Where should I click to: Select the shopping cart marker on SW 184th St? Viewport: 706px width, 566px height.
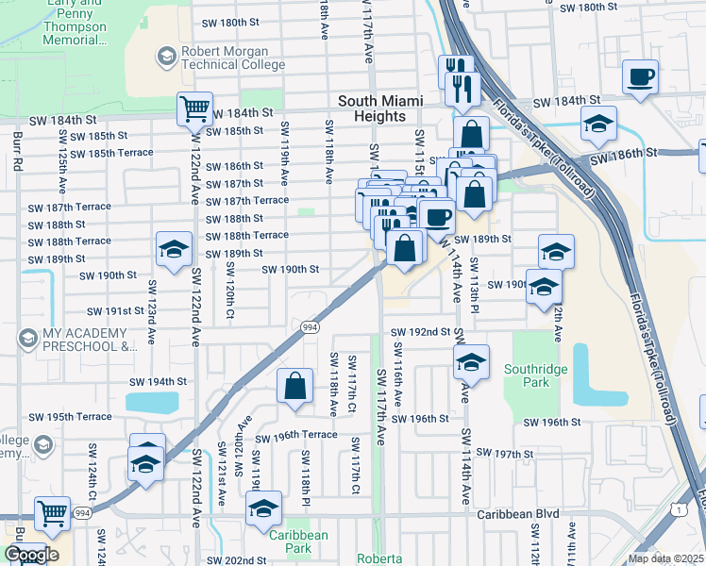pyautogui.click(x=194, y=108)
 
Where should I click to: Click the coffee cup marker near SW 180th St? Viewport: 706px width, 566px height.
pyautogui.click(x=640, y=77)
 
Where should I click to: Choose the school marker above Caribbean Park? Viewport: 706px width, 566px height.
pyautogui.click(x=263, y=509)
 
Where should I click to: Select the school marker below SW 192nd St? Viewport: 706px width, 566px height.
pyautogui.click(x=471, y=362)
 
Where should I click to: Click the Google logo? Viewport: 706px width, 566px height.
pyautogui.click(x=30, y=555)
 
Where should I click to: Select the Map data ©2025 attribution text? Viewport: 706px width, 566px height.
pyautogui.click(x=665, y=558)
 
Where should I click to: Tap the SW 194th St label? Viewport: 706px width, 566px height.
pyautogui.click(x=154, y=381)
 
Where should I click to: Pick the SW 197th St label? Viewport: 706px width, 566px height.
pyautogui.click(x=506, y=455)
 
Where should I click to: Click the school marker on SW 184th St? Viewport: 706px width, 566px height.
pyautogui.click(x=598, y=124)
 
